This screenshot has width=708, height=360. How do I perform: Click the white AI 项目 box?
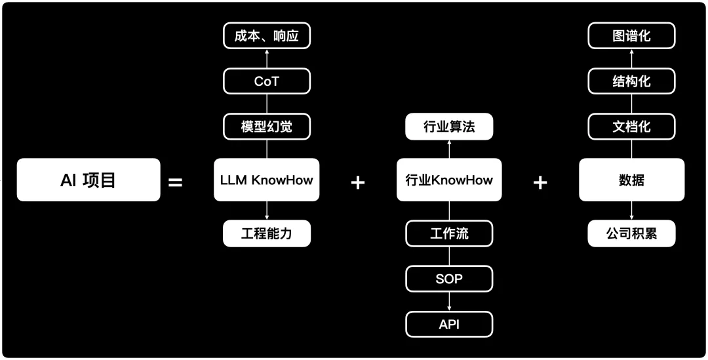tap(88, 180)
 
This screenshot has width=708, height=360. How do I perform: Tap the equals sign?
tap(176, 182)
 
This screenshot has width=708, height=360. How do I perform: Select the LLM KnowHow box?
tap(266, 180)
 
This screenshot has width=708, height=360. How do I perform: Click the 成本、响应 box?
tap(266, 36)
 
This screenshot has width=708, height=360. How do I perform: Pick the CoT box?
tap(266, 81)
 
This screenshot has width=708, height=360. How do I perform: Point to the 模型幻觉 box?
tap(266, 127)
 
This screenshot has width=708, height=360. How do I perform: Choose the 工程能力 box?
tap(266, 233)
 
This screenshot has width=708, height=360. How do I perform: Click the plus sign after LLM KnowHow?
tap(357, 182)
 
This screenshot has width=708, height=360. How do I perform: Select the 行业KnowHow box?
tap(449, 180)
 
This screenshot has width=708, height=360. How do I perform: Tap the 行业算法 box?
tap(449, 127)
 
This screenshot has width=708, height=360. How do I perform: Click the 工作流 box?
tap(449, 233)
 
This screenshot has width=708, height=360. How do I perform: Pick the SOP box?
tap(449, 279)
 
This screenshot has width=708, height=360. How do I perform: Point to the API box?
tap(449, 324)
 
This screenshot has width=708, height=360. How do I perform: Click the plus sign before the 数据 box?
tap(540, 182)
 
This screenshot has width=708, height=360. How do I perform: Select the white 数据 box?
tap(631, 180)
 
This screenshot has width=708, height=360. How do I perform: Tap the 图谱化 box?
tap(631, 36)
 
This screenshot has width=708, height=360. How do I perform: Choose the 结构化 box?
tap(631, 81)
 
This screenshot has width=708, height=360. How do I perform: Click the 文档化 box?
tap(631, 127)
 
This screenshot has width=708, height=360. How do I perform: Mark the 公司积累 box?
tap(631, 233)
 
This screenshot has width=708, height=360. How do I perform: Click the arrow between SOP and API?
tap(449, 302)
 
